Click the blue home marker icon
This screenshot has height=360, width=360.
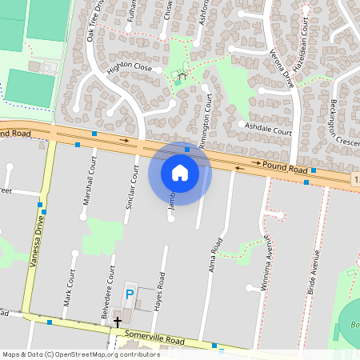tap(180, 173)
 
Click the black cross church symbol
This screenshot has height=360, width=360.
tap(118, 322)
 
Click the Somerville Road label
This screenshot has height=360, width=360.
tap(160, 342)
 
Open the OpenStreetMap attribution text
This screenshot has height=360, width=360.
tap(70, 354)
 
